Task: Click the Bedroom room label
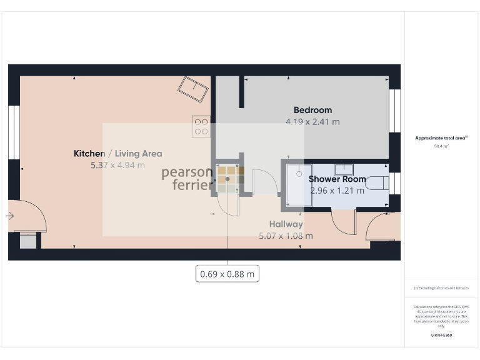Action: coord(312,111)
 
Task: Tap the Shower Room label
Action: coord(337,179)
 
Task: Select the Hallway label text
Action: coord(286,224)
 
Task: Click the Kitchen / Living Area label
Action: coord(117,154)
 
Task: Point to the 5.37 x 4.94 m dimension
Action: coord(117,166)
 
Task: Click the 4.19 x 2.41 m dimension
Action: coord(312,122)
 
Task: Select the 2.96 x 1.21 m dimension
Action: coord(337,191)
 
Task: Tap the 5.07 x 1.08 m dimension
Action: coord(286,236)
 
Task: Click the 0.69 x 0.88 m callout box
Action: coord(227,274)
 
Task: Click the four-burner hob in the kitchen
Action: coord(201,127)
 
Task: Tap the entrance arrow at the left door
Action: coord(10,216)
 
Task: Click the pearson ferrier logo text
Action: coord(188,178)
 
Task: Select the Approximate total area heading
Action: coord(441,137)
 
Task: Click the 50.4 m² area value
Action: coord(441,146)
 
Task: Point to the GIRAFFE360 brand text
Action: coord(441,336)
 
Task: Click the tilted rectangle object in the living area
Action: coord(194,90)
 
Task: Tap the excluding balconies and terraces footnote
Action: coord(441,288)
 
